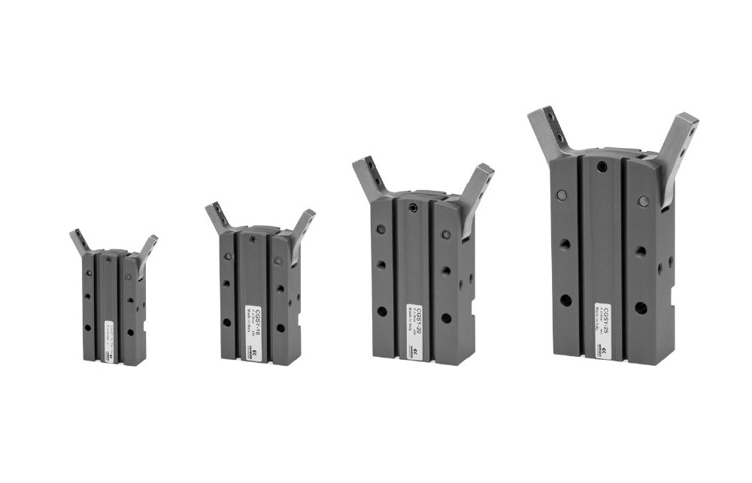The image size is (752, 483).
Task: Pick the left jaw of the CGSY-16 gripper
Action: click(x=219, y=217)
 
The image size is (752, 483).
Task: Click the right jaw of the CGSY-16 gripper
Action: click(x=302, y=225)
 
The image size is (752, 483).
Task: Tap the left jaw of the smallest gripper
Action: click(x=80, y=241)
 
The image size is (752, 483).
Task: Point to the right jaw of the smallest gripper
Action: click(x=147, y=247)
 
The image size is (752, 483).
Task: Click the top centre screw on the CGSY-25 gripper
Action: click(x=602, y=166)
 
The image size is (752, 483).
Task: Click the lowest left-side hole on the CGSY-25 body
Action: click(x=566, y=300)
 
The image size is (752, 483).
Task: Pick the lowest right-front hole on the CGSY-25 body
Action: click(x=641, y=307)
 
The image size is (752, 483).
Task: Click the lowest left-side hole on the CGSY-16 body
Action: click(x=226, y=322)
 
